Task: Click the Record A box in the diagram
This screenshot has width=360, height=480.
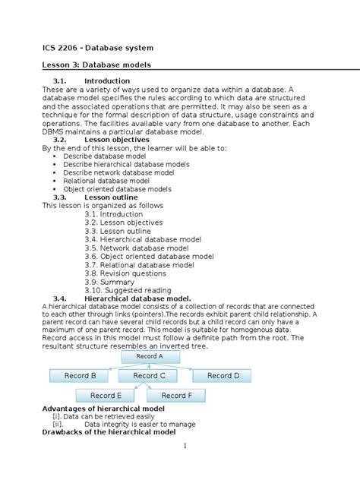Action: tap(149, 356)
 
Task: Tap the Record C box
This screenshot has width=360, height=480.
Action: tap(149, 375)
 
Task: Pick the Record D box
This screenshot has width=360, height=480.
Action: tap(223, 375)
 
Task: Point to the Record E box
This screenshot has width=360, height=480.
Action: tap(106, 395)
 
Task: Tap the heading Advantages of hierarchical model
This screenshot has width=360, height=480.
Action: tap(103, 409)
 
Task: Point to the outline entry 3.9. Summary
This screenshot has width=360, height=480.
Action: tap(109, 282)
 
